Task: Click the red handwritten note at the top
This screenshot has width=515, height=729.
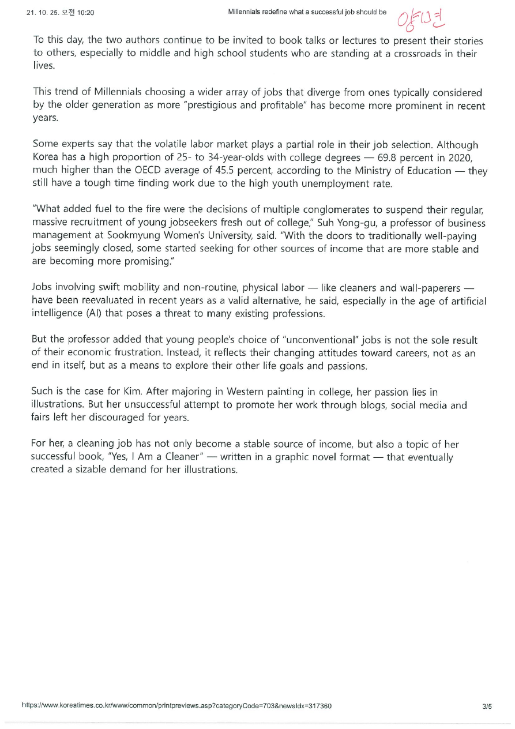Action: [422, 20]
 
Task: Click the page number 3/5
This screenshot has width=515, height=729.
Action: [487, 706]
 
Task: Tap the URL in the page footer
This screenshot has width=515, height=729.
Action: [176, 706]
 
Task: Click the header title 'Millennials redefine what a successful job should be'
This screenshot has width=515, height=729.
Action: [307, 12]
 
